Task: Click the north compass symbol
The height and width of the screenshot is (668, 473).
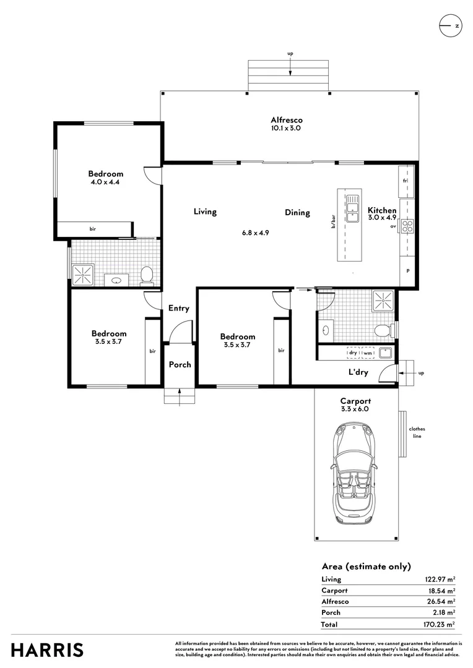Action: point(450,25)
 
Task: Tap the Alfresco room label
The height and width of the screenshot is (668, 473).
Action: point(287,120)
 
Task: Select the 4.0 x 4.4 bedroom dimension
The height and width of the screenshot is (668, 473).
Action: point(105,182)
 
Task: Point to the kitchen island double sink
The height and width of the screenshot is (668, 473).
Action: point(353,208)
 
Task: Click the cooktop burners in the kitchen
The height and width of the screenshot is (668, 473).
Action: point(407,226)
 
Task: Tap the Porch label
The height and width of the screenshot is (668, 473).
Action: point(180,365)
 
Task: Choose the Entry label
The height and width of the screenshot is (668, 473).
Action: point(179,308)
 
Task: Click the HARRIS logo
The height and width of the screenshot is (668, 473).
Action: point(47,650)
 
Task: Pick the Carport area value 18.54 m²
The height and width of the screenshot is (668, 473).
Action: point(441,591)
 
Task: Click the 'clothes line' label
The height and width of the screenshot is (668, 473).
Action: point(417,432)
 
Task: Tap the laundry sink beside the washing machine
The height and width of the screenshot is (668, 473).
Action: point(386,353)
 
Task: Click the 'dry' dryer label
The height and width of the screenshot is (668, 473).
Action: point(353,353)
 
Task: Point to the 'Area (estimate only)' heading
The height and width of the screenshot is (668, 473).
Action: point(367,567)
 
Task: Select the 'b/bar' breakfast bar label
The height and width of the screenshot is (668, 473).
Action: point(334,221)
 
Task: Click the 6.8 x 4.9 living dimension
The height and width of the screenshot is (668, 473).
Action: point(256,233)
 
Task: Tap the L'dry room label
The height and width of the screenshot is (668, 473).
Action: point(358,372)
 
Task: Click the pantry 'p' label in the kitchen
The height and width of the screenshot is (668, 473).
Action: point(408,271)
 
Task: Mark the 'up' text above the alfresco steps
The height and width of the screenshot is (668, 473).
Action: point(290,54)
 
